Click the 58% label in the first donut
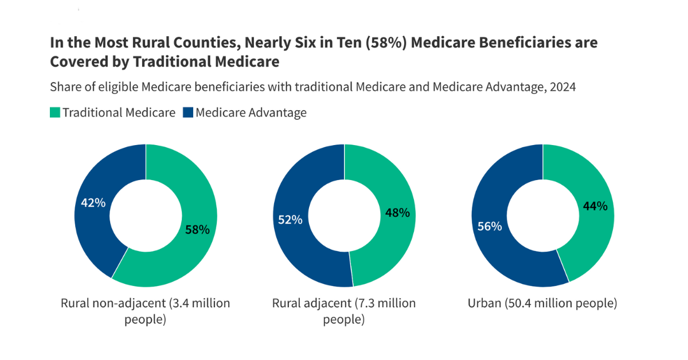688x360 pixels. pyautogui.click(x=197, y=230)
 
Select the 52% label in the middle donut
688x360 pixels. pyautogui.click(x=290, y=220)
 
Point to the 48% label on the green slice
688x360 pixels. pyautogui.click(x=397, y=213)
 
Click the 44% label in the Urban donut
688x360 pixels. pyautogui.click(x=595, y=206)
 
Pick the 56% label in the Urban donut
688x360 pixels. pyautogui.click(x=490, y=226)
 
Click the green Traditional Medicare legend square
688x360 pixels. pyautogui.click(x=55, y=112)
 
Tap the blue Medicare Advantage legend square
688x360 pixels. pyautogui.click(x=188, y=112)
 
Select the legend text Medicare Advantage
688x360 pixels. pyautogui.click(x=251, y=112)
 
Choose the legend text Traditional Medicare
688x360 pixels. pyautogui.click(x=119, y=112)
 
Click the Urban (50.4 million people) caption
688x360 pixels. pyautogui.click(x=542, y=303)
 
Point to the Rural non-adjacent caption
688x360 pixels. pyautogui.click(x=145, y=311)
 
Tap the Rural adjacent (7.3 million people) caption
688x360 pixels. pyautogui.click(x=344, y=311)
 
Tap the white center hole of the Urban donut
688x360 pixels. pyautogui.click(x=542, y=216)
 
